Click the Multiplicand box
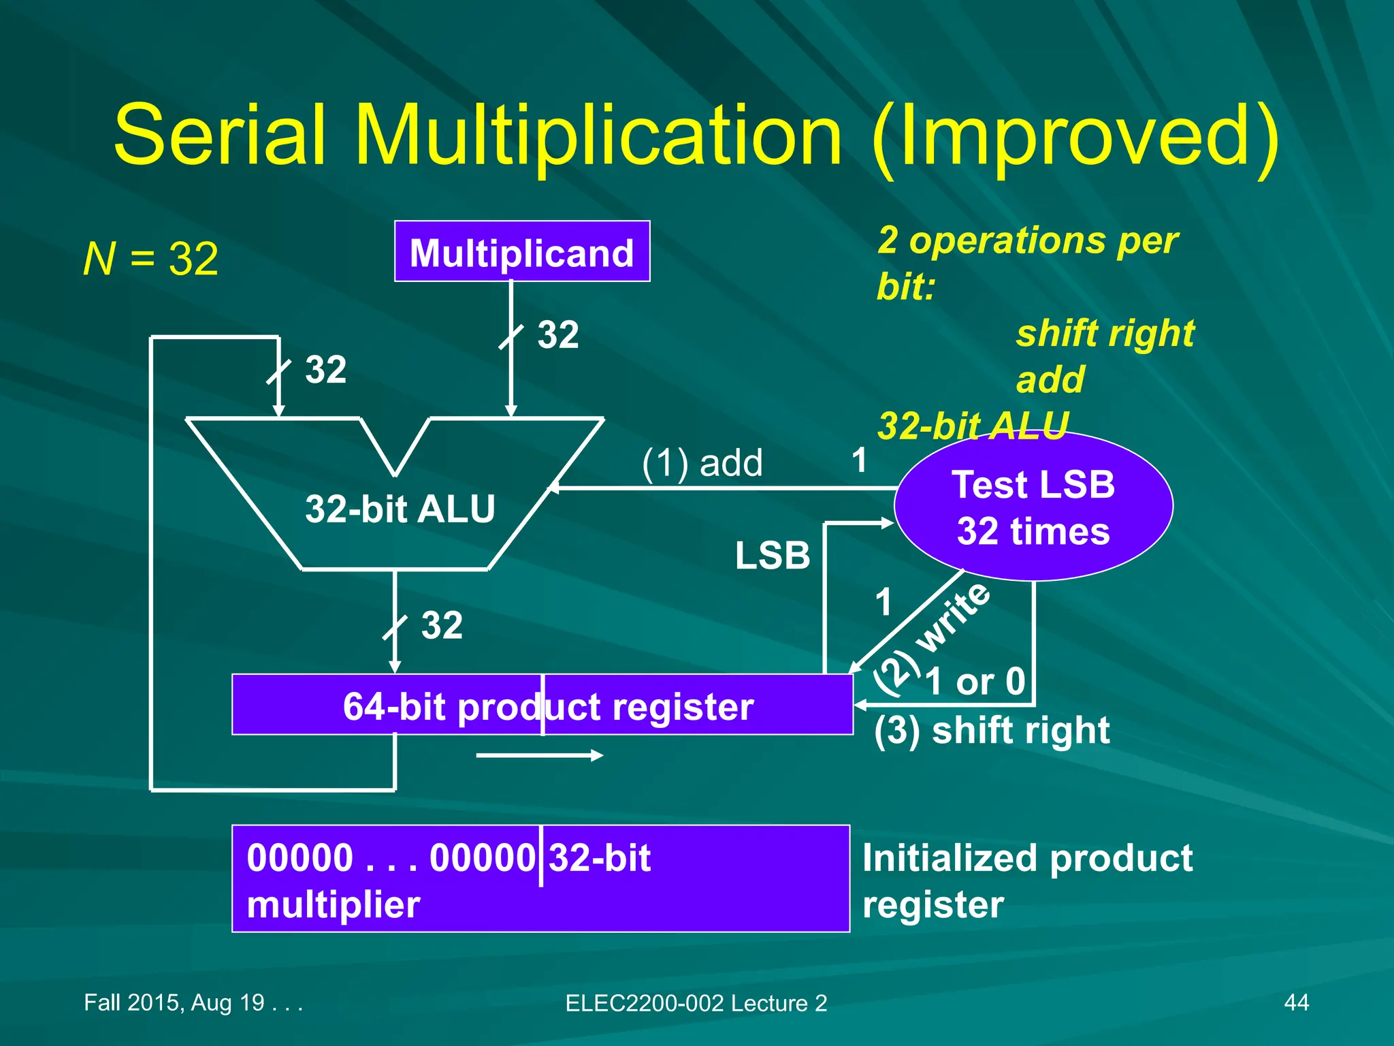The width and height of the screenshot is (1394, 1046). [x=522, y=252]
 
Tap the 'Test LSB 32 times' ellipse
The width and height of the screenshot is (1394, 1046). [x=1033, y=507]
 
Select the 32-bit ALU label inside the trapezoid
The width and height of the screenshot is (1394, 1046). [x=400, y=509]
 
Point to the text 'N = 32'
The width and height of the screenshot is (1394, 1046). [x=150, y=259]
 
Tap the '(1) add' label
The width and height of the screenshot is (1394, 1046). [x=702, y=463]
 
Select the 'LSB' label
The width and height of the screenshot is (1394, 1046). [x=773, y=555]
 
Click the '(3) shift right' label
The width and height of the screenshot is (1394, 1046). [x=992, y=731]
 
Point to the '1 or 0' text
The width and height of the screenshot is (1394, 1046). [x=975, y=681]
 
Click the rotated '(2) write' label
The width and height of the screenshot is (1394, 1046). [x=933, y=638]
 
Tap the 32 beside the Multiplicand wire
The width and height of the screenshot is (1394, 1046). [x=557, y=335]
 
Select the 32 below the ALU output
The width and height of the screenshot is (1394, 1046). [x=442, y=625]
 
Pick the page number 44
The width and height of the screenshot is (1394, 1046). [x=1296, y=1002]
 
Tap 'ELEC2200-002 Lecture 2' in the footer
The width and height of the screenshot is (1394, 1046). [x=696, y=1003]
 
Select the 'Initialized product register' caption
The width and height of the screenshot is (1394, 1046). [x=1026, y=880]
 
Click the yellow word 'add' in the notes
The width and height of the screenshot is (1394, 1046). [x=1050, y=379]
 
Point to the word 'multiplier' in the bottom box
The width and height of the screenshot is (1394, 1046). [x=333, y=904]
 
